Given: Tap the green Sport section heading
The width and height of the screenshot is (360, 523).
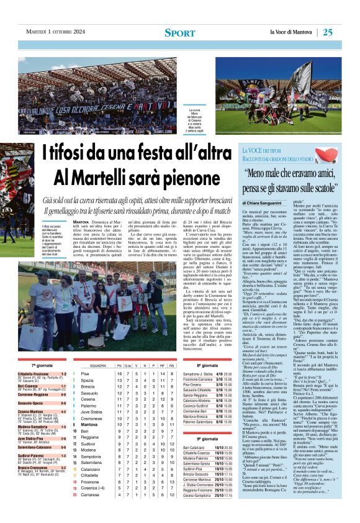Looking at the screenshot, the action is pos(180,32).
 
